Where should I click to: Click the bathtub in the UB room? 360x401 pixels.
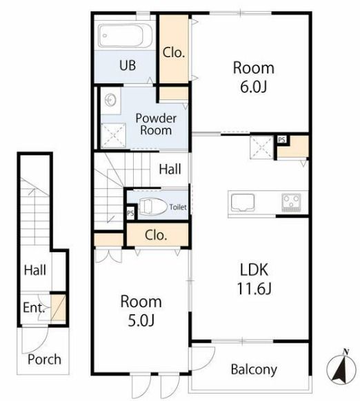pyautogui.click(x=126, y=36)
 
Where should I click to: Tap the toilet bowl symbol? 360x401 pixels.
pyautogui.click(x=152, y=207)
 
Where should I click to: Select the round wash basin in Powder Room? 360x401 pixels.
pyautogui.click(x=111, y=99)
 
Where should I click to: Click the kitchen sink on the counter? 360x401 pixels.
pyautogui.click(x=243, y=203)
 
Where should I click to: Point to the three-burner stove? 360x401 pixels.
pyautogui.click(x=292, y=203)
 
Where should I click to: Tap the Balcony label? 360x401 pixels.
pyautogui.click(x=254, y=369)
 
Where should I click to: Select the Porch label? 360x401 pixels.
pyautogui.click(x=44, y=359)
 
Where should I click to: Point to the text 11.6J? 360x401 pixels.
pyautogui.click(x=254, y=289)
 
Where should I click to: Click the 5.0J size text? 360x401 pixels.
pyautogui.click(x=141, y=320)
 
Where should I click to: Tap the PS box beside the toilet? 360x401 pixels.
pyautogui.click(x=130, y=213)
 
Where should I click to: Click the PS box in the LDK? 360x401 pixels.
pyautogui.click(x=282, y=140)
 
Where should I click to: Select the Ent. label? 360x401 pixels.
pyautogui.click(x=34, y=308)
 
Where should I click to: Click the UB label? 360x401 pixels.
pyautogui.click(x=128, y=65)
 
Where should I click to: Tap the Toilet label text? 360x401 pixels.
pyautogui.click(x=178, y=207)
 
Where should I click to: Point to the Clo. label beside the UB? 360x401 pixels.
pyautogui.click(x=174, y=52)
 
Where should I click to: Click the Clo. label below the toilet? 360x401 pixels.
pyautogui.click(x=156, y=235)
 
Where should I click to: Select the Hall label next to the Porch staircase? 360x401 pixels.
pyautogui.click(x=35, y=270)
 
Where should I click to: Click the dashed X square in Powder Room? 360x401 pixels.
pyautogui.click(x=113, y=136)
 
